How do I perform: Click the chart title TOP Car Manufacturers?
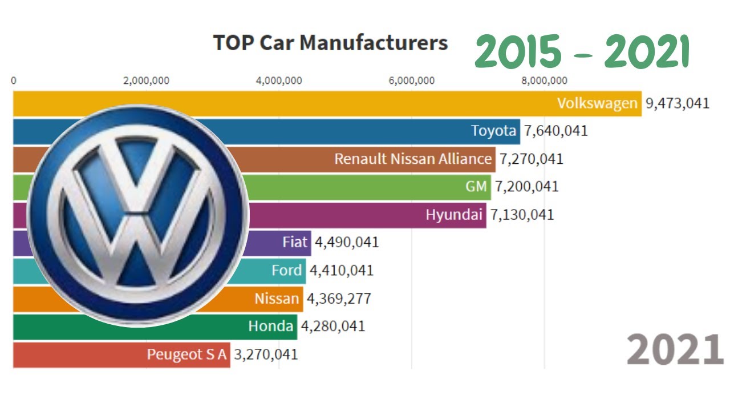(x=330, y=43)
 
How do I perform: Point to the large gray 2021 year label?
(x=675, y=350)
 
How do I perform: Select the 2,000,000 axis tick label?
(x=147, y=80)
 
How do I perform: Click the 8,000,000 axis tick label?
(x=544, y=80)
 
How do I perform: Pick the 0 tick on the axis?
(x=14, y=80)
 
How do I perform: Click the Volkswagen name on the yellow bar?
(x=597, y=103)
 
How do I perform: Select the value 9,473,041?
(x=678, y=103)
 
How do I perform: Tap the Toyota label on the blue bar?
(x=493, y=131)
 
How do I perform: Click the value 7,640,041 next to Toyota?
(x=556, y=131)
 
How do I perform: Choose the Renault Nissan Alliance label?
(x=413, y=159)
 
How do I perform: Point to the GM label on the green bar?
(x=476, y=186)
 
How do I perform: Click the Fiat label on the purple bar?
(x=295, y=242)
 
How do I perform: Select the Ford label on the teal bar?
(x=286, y=270)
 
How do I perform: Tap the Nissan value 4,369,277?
(x=339, y=298)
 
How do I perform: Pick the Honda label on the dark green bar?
(x=271, y=326)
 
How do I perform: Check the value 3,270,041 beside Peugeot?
(x=266, y=354)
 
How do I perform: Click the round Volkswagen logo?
(x=137, y=215)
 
